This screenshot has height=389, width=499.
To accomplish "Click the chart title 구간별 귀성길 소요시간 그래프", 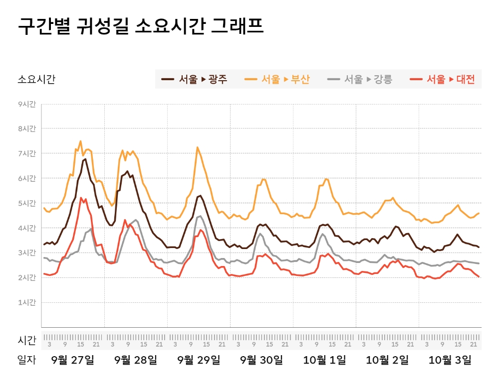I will pos(141,26).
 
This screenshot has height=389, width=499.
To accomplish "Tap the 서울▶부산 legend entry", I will pos(277,79).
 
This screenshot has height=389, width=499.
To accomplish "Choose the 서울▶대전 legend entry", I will pos(442,79).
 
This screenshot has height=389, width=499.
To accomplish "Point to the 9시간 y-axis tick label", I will pos(27,104).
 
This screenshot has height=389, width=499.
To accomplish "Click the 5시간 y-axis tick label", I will pos(27,203).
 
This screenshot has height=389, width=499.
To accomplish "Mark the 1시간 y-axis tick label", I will pos(27,302).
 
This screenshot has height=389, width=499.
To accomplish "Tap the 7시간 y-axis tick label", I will pos(27,153).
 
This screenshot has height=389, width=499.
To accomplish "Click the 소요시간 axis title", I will pos(36,79).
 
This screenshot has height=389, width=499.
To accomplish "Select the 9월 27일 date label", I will pos(73,360).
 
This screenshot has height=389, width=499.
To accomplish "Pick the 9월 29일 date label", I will pos(199,360).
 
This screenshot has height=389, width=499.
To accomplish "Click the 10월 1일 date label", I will pos(324,360).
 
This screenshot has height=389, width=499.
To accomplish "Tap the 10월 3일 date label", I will pos(450,360).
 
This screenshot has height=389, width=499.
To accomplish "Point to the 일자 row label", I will pos(27,360).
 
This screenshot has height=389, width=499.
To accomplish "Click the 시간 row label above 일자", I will pos(27,341).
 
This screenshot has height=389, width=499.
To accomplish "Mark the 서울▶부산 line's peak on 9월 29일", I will pos(198,147).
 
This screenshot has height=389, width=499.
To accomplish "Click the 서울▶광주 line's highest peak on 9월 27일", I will pos(85,159).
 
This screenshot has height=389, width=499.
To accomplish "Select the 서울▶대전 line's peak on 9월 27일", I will pos(81,198).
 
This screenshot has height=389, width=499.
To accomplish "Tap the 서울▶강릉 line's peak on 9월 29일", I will pos(200,216).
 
